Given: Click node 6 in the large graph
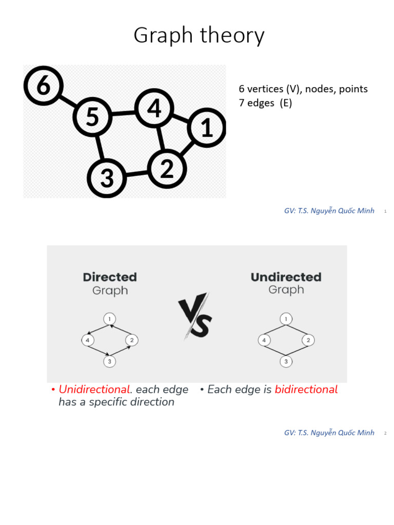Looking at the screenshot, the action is tap(43, 86).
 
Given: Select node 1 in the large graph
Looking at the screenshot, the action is tap(207, 128).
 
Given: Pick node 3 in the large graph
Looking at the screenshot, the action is tap(107, 178).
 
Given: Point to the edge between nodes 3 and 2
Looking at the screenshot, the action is tap(136, 173).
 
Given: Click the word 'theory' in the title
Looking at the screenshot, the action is tap(233, 36).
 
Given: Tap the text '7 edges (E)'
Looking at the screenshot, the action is tap(265, 103).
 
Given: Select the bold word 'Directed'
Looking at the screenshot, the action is tap(110, 277).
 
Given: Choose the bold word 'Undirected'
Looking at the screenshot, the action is tap(286, 277).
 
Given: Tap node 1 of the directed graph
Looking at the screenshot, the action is tap(109, 319).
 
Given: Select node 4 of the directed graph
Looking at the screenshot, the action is tap(87, 340).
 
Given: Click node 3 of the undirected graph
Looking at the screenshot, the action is tap(286, 361).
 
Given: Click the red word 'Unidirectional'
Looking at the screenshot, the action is tap(94, 390).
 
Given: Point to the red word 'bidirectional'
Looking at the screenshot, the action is tap(306, 390).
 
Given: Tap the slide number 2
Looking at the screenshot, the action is tap(385, 433).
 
